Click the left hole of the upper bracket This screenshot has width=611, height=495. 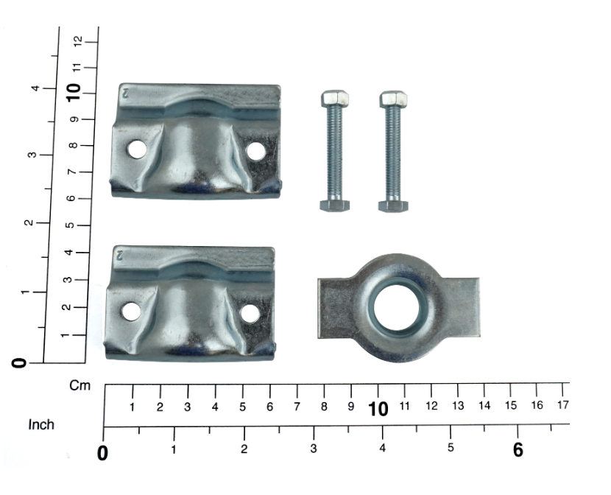tap(137, 150)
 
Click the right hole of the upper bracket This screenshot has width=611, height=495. tap(256, 151)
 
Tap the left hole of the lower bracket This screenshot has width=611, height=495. tap(131, 312)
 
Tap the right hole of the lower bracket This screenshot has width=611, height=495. tap(250, 313)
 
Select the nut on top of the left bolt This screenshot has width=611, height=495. tap(335, 99)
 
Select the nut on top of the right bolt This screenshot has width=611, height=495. tap(393, 99)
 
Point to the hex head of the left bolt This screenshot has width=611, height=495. tap(335, 206)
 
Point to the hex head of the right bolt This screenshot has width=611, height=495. tap(393, 206)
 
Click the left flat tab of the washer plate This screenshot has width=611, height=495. tap(334, 308)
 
